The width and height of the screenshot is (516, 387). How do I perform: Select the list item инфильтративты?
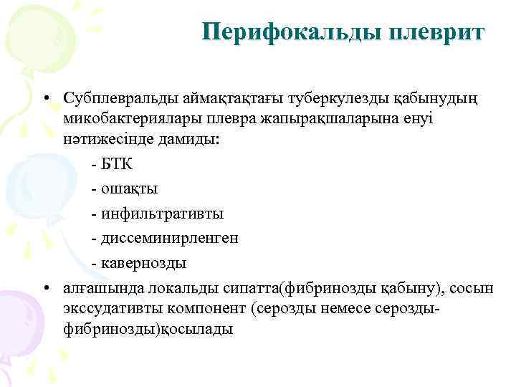click(x=162, y=214)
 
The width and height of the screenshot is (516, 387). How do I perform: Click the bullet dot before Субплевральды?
click(x=44, y=96)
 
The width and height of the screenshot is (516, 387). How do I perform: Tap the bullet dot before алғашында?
click(x=44, y=288)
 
